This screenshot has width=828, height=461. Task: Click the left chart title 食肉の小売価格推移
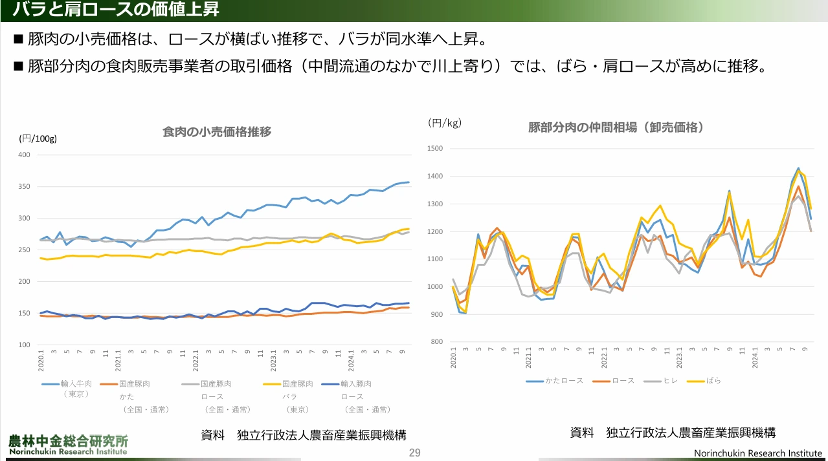(x=216, y=132)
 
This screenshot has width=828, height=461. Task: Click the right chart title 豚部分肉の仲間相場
(x=616, y=127)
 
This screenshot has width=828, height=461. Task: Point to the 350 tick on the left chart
(x=24, y=186)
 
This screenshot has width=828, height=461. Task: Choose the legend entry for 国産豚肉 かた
(x=135, y=384)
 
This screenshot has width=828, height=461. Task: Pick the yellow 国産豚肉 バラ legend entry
(x=297, y=384)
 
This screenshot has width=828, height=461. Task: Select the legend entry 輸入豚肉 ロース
(x=357, y=384)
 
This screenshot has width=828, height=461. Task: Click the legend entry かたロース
(x=564, y=381)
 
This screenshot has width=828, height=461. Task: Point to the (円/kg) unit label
(x=445, y=122)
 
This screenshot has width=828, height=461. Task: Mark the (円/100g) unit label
(x=38, y=138)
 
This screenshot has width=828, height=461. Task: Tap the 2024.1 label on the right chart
(x=755, y=358)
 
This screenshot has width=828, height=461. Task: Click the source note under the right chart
(x=673, y=433)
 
